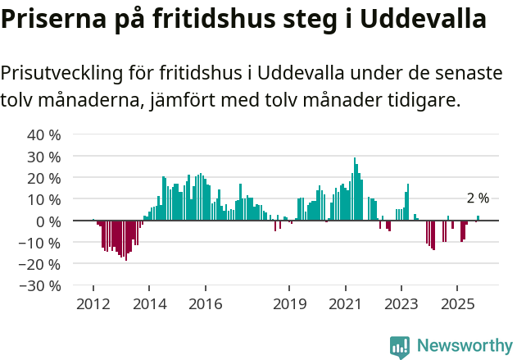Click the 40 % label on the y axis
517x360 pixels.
coord(44,134)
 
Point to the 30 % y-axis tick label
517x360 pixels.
coord(44,156)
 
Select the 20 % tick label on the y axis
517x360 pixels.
coord(44,178)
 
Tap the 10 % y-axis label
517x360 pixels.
coord(44,199)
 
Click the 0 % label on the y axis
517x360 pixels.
coord(48,221)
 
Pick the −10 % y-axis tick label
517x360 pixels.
coord(40,243)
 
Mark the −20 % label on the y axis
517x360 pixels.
coord(40,264)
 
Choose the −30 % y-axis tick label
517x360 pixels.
coord(40,286)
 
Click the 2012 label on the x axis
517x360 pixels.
coord(93,304)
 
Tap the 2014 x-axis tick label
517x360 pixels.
coord(148,304)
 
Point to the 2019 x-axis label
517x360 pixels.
coord(288,304)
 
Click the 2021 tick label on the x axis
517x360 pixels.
coord(345,304)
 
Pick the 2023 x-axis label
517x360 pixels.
coord(401,304)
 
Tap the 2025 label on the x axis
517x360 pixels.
coord(456,304)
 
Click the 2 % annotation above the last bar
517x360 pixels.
coord(478,198)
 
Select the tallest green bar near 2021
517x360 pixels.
coord(355,189)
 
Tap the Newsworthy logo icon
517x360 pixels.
coord(400,346)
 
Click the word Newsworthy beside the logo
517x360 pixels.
coord(464,346)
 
